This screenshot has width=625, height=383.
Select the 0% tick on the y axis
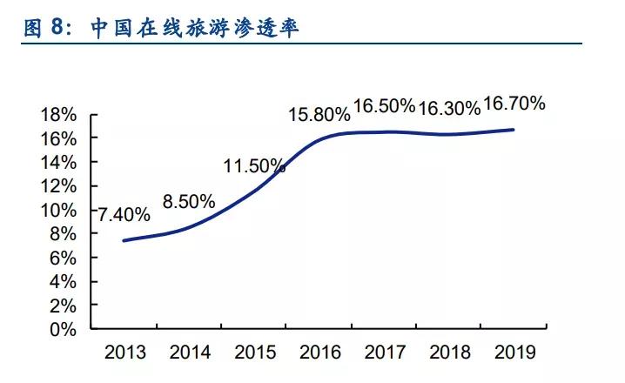[64, 330]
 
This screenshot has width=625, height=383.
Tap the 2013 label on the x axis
[124, 353]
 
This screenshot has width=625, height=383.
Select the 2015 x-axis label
[255, 353]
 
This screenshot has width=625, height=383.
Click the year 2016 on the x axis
[320, 353]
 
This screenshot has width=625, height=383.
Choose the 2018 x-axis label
[449, 353]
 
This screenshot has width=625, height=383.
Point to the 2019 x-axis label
[514, 353]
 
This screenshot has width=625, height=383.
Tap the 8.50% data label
[189, 201]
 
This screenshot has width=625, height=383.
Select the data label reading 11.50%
[254, 165]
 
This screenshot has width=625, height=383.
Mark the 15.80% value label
[319, 114]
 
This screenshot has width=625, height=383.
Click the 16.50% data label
[384, 105]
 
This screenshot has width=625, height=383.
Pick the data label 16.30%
[449, 108]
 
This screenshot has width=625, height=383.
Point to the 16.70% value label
[514, 104]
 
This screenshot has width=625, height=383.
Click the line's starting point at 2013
[124, 240]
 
